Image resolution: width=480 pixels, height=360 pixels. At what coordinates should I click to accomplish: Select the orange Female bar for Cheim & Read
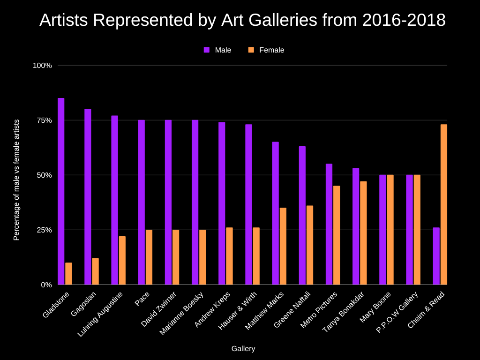coord(444,204)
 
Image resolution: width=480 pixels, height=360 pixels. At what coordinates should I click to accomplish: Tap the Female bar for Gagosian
coord(96,271)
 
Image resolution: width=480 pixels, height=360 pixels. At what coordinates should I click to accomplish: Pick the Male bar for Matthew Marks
coord(276,213)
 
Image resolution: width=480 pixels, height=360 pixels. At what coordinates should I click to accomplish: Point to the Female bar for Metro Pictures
coord(337,235)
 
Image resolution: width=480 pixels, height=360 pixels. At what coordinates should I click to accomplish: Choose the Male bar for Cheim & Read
coord(436,256)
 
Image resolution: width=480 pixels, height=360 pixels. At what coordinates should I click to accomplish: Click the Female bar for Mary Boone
coord(390,230)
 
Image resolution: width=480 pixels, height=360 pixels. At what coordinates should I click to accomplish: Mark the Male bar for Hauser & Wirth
coord(248,204)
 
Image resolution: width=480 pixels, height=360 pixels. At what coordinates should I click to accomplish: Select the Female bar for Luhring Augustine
coord(122,260)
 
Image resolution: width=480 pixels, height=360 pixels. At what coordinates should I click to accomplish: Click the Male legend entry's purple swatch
coord(207,50)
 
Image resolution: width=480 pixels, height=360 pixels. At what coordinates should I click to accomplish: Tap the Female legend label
coord(271,50)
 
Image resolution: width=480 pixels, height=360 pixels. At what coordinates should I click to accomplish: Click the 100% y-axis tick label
coord(42,66)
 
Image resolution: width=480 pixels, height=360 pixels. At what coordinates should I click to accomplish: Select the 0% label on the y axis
coord(46,285)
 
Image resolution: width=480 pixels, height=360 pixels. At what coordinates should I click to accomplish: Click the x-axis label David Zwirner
coord(159,309)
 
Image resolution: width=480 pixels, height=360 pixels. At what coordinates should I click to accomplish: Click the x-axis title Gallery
coord(243,349)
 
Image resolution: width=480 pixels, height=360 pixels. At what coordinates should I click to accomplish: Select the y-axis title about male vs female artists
coord(16,180)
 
